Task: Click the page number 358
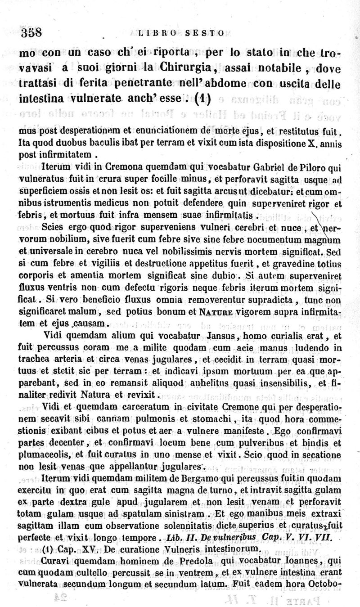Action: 31,32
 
